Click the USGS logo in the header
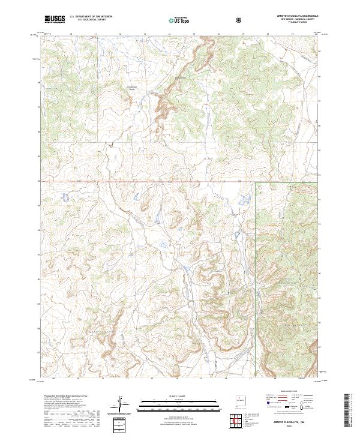coord(55,19)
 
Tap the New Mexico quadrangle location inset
coord(242,400)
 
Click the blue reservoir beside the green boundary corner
coord(245,200)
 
